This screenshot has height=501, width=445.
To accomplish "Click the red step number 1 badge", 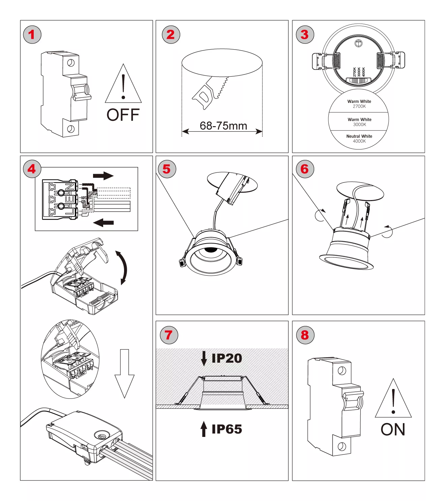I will pyautogui.click(x=32, y=34).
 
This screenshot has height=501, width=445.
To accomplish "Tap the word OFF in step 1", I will pyautogui.click(x=123, y=115).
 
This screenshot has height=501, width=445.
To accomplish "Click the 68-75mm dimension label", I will pyautogui.click(x=223, y=126).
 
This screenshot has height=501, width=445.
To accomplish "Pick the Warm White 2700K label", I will pyautogui.click(x=359, y=104).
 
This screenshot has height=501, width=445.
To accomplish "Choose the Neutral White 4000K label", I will pyautogui.click(x=359, y=139).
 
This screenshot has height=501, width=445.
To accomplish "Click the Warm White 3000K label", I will pyautogui.click(x=359, y=122).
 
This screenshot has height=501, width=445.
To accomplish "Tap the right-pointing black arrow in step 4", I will pyautogui.click(x=103, y=176).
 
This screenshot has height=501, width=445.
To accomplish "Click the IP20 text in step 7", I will pyautogui.click(x=227, y=358).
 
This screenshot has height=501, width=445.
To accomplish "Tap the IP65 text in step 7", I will pyautogui.click(x=227, y=429).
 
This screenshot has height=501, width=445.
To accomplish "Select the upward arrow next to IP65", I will pyautogui.click(x=204, y=429).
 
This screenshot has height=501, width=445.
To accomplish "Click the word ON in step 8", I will pyautogui.click(x=393, y=430).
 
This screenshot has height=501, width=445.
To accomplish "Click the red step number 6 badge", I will pyautogui.click(x=305, y=169).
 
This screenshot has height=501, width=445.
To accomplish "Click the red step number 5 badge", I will pyautogui.click(x=167, y=169).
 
